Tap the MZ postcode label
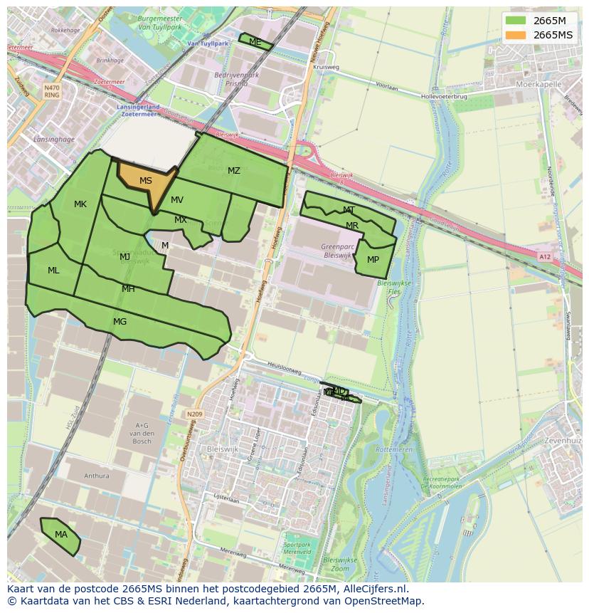pos(234,171)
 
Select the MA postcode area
pos(61,535)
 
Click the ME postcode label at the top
pos(255,42)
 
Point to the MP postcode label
pos(373,260)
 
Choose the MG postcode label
pos(120,322)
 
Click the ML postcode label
pos(53,271)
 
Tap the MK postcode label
pos(80,204)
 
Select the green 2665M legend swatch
pos(515,20)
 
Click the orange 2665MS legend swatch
pos(515,35)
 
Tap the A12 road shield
pos(545,257)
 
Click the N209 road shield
pos(194,414)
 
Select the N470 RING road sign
pos(51,90)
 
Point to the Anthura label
pos(97,476)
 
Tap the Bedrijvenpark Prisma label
pos(237,79)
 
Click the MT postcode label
pos(349,210)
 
